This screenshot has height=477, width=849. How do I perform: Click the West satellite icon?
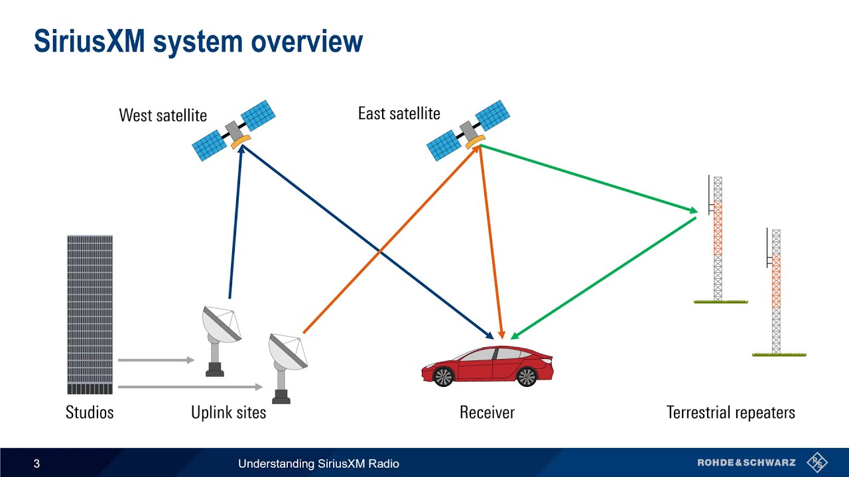pyautogui.click(x=233, y=131)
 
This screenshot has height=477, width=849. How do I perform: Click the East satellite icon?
pyautogui.click(x=468, y=130)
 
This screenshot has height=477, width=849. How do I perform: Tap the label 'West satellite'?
pyautogui.click(x=163, y=115)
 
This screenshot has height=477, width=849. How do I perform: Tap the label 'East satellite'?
pyautogui.click(x=399, y=113)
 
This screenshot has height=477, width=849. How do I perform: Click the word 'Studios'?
pyautogui.click(x=90, y=413)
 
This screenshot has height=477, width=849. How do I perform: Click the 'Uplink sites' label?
pyautogui.click(x=228, y=413)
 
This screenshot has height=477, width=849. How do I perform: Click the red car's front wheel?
pyautogui.click(x=442, y=376)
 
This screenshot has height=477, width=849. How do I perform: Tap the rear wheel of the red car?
pyautogui.click(x=527, y=376)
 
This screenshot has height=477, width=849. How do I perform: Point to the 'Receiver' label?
pyautogui.click(x=487, y=413)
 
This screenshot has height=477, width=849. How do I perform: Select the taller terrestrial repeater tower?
pyautogui.click(x=718, y=238)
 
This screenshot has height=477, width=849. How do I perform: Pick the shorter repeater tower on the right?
pyautogui.click(x=776, y=291)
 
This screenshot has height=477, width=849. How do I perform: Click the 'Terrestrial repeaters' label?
pyautogui.click(x=730, y=413)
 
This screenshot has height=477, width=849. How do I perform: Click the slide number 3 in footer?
pyautogui.click(x=36, y=464)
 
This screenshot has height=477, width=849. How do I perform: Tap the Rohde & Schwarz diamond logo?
pyautogui.click(x=817, y=462)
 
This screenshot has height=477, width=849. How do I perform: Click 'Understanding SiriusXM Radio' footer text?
pyautogui.click(x=318, y=464)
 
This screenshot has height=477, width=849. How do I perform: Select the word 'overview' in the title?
pyautogui.click(x=306, y=41)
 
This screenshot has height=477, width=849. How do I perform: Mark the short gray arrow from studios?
pyautogui.click(x=156, y=360)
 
